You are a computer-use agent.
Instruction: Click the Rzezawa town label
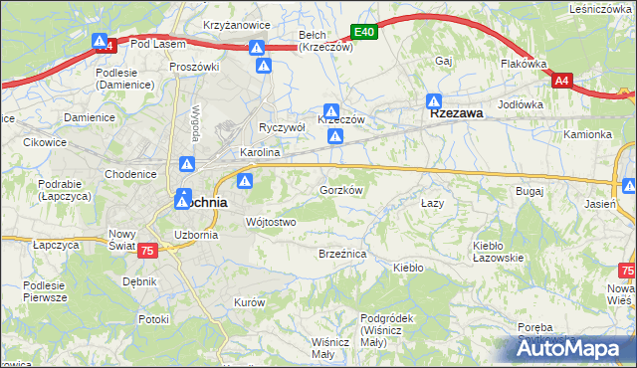[457, 113]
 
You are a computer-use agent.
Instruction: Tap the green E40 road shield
[364, 33]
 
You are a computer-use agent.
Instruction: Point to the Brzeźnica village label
[342, 255]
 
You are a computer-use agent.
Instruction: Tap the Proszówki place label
[194, 67]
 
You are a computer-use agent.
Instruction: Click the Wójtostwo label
[271, 222]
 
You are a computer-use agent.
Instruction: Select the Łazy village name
[431, 203]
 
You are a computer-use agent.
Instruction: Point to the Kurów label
[248, 301]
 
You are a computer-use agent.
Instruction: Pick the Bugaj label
[529, 189]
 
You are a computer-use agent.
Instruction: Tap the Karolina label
[261, 153]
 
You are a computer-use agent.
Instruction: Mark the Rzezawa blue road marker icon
[434, 101]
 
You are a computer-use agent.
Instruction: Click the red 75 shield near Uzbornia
[147, 252]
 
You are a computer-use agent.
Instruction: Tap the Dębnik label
[139, 281]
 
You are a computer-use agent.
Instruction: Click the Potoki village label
[153, 319]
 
